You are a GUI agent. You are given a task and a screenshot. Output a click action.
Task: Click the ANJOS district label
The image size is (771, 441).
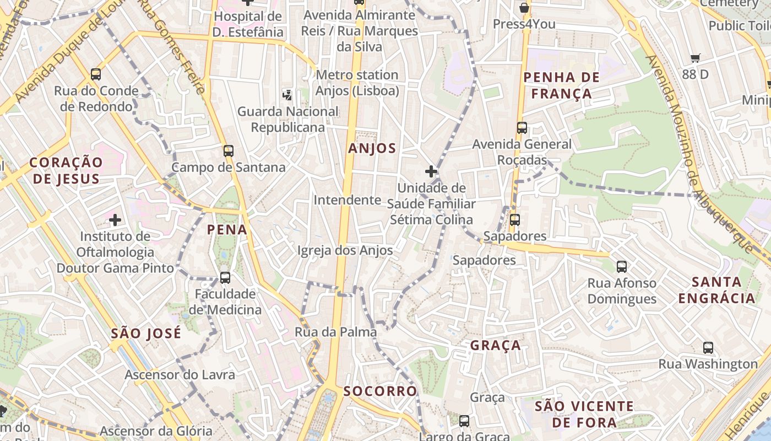(x=372, y=148)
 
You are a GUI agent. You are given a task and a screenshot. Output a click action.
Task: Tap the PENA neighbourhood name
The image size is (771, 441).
(x=227, y=230)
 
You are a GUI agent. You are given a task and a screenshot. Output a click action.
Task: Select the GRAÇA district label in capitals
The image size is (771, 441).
(x=495, y=346)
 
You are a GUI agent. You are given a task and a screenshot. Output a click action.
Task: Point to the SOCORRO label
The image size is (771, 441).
(x=380, y=391)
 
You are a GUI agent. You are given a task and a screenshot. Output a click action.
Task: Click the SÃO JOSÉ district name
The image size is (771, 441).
(x=145, y=334)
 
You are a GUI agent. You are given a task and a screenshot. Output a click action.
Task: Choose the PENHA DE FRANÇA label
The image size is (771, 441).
(x=557, y=85)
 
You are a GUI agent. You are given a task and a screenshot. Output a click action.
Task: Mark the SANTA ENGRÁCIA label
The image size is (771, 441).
(x=716, y=291)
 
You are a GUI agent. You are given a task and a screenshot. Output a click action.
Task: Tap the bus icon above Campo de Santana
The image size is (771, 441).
(x=228, y=150)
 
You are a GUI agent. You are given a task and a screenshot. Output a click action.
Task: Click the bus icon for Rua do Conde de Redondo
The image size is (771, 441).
(x=96, y=74)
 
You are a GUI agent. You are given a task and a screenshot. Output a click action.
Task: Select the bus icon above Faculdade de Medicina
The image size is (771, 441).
(x=225, y=277)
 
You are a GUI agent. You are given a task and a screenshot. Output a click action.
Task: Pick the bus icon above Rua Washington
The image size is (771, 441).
(x=708, y=348)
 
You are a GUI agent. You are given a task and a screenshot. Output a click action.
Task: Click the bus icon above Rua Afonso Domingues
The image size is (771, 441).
(x=622, y=267)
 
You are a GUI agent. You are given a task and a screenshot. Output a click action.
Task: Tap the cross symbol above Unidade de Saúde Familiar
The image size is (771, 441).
(x=431, y=171)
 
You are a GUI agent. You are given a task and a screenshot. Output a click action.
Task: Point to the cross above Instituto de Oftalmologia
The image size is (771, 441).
(x=115, y=220)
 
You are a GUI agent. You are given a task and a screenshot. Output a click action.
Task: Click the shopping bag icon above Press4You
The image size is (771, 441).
(x=524, y=8)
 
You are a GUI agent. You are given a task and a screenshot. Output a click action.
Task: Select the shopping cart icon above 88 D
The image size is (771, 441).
(x=695, y=58)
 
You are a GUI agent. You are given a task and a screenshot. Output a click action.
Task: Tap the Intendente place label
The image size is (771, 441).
(x=347, y=200)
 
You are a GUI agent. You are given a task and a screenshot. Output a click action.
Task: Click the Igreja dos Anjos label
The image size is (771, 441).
(x=345, y=251)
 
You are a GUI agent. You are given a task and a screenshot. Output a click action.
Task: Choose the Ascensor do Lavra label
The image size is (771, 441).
(x=180, y=375)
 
